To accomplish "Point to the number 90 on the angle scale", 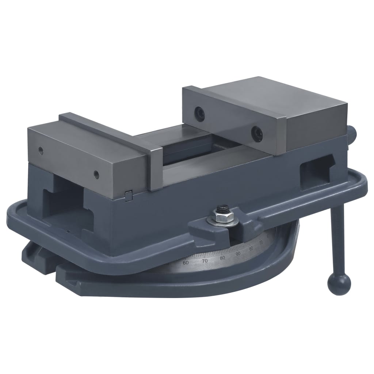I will [x=238, y=253].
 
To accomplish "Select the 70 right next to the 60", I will [x=205, y=261].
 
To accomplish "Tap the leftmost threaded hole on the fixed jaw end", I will [x=41, y=149].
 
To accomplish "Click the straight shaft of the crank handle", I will [x=337, y=241].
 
